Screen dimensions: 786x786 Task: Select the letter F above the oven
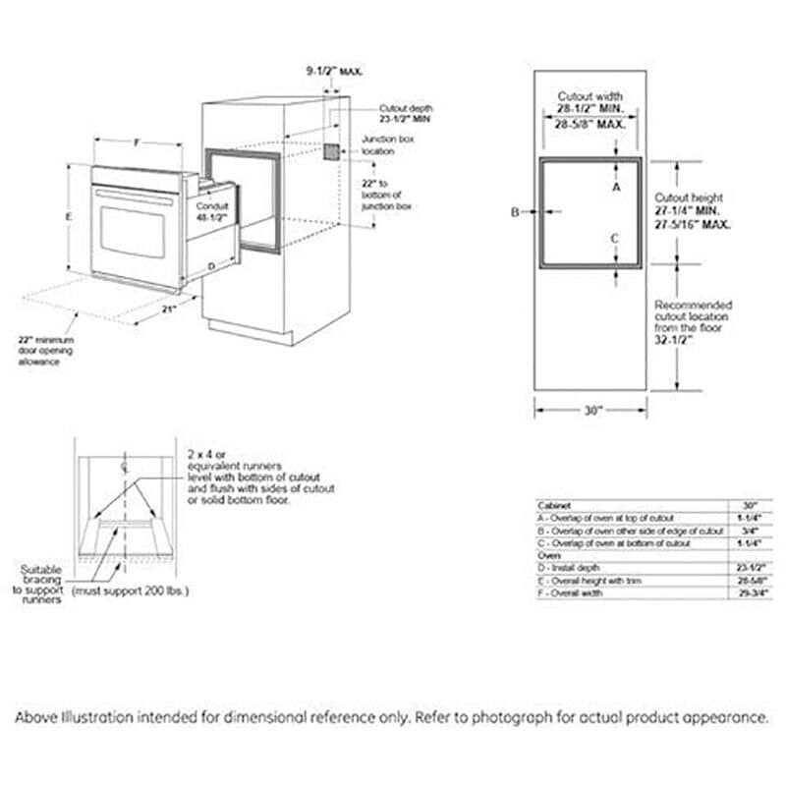click(x=137, y=143)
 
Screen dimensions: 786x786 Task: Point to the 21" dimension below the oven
click(x=169, y=309)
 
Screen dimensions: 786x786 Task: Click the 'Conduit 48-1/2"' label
click(x=212, y=211)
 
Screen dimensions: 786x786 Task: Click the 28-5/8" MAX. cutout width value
click(x=589, y=126)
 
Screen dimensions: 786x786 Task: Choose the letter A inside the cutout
click(x=616, y=186)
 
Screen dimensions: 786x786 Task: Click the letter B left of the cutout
click(x=514, y=211)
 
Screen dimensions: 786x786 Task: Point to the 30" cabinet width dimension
click(x=589, y=411)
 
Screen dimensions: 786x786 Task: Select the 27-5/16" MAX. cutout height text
click(x=694, y=225)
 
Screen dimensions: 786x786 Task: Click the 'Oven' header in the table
click(x=547, y=556)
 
